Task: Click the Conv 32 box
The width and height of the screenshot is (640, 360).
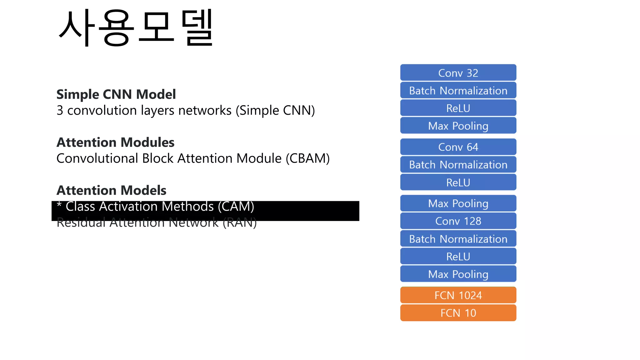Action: point(458,73)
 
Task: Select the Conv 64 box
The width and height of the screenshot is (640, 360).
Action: point(458,147)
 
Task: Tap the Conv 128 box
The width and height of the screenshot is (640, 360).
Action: point(458,221)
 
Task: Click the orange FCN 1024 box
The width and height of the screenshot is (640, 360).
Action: point(458,295)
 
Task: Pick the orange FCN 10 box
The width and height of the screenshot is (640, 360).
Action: point(458,313)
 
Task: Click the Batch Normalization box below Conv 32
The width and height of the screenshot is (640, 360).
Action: point(458,91)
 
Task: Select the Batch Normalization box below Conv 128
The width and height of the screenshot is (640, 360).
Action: point(458,239)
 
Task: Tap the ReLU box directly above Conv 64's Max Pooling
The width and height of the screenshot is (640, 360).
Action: point(458,182)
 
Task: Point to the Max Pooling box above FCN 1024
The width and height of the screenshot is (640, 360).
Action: point(458,274)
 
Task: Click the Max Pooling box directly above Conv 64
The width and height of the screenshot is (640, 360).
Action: point(458,126)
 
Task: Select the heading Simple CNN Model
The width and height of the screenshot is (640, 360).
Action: point(116,94)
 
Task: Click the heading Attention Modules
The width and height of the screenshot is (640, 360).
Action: point(115,142)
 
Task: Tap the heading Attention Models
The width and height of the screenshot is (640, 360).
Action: point(111,190)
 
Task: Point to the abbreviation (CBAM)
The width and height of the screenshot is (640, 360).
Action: point(307,158)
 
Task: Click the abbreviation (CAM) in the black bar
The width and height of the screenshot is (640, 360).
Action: point(236,207)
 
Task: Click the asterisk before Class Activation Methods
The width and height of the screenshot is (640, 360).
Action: point(59,205)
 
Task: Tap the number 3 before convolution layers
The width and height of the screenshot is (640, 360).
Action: point(60,111)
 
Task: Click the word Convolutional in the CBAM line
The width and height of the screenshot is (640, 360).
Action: point(97,158)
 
